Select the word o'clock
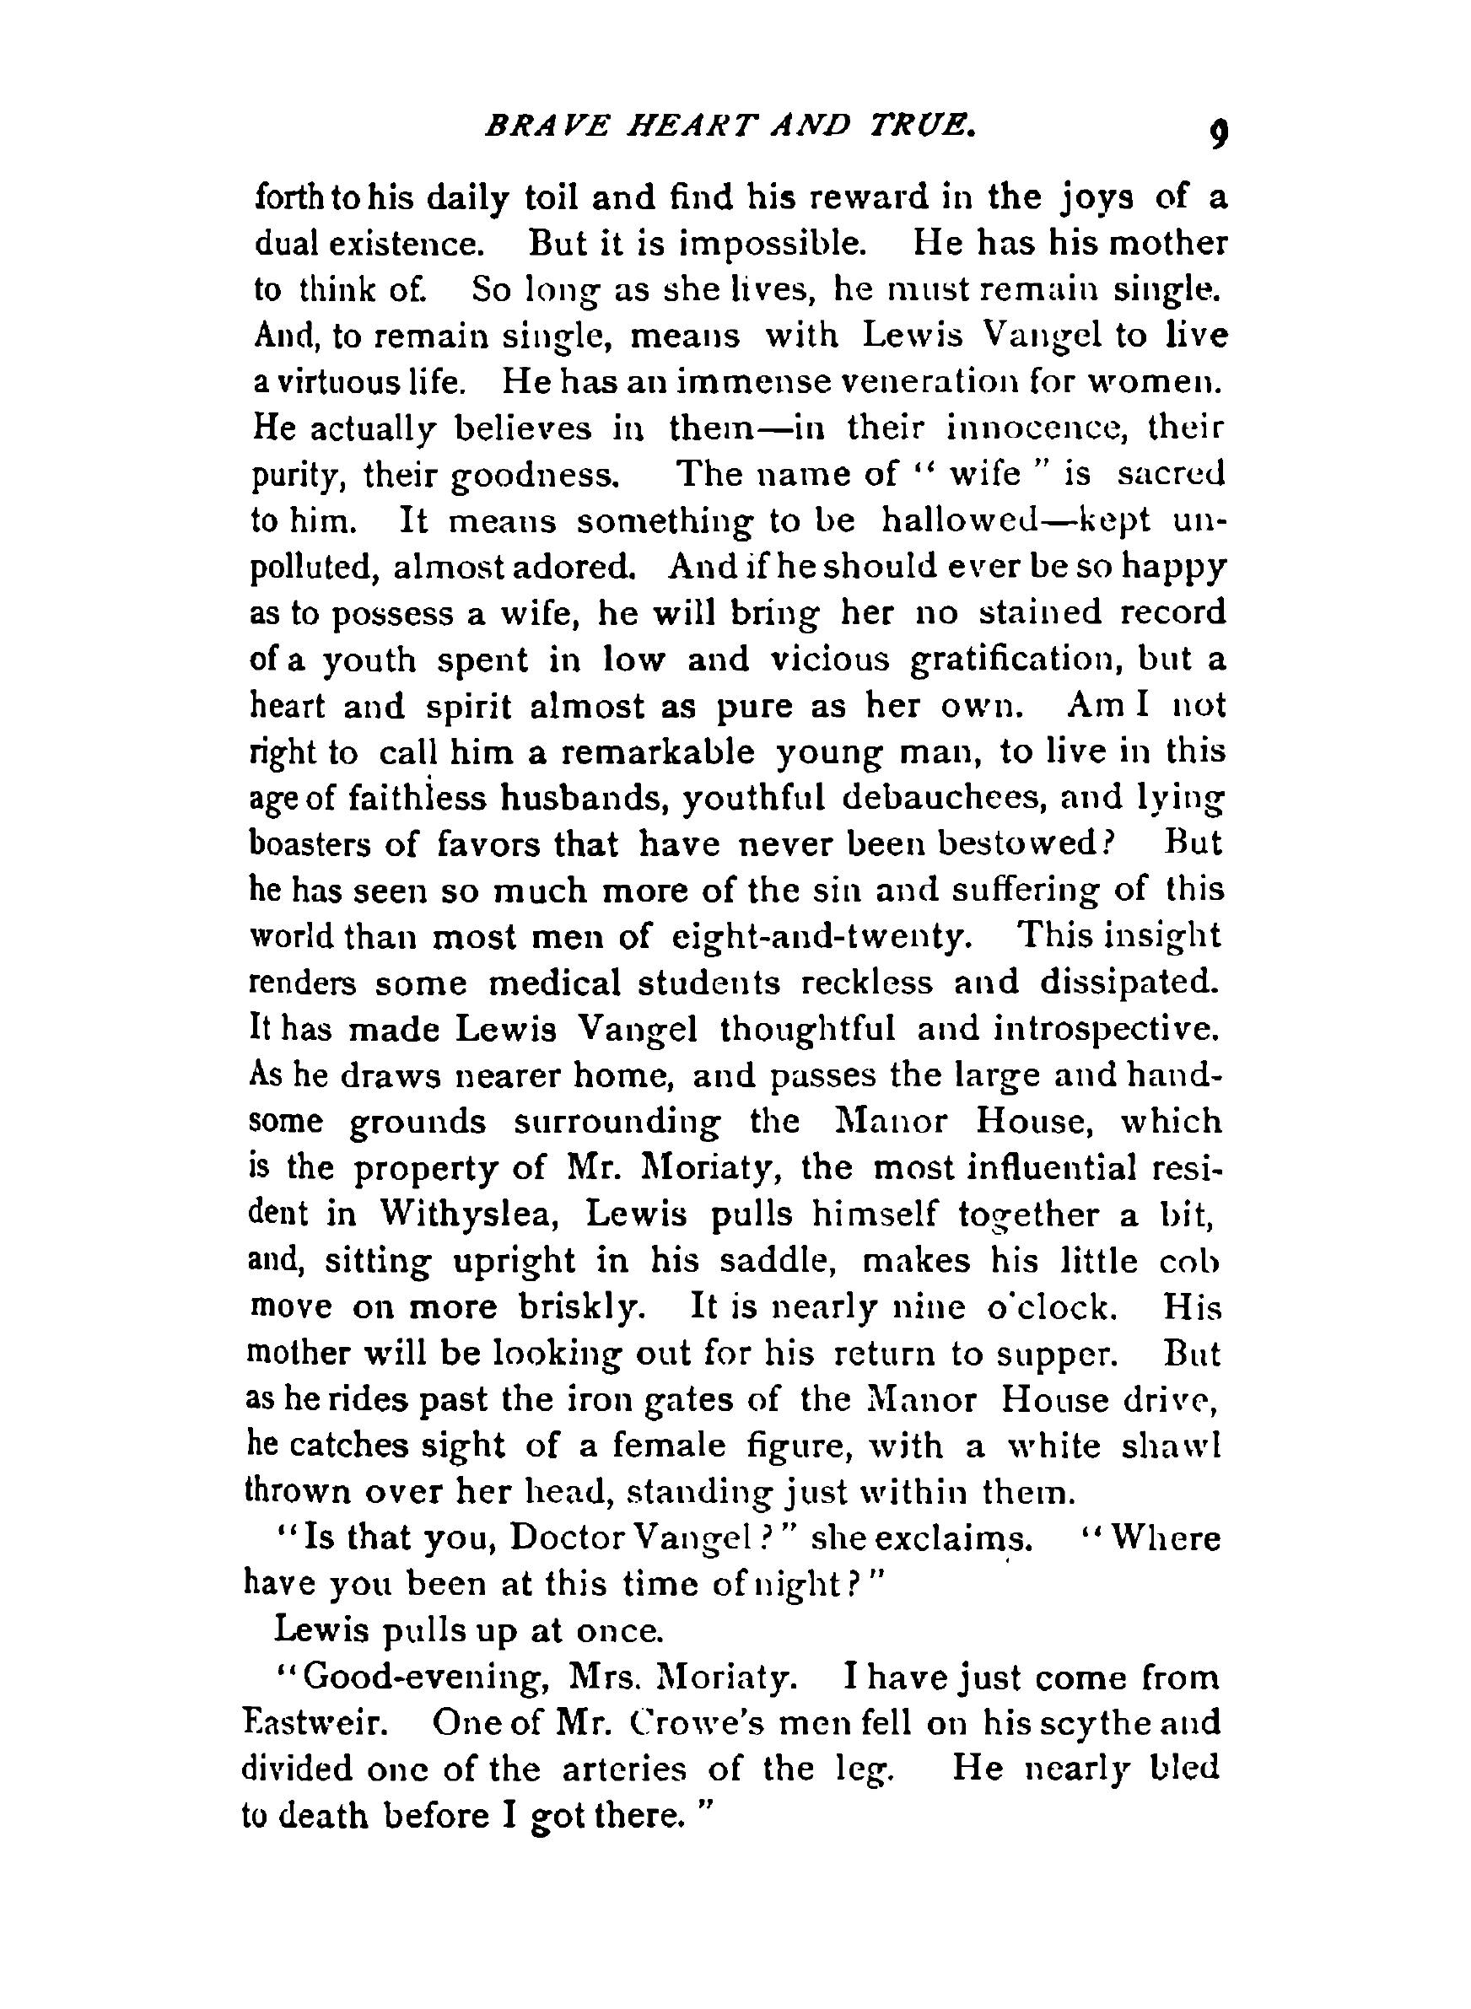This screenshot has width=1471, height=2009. (1050, 1307)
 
